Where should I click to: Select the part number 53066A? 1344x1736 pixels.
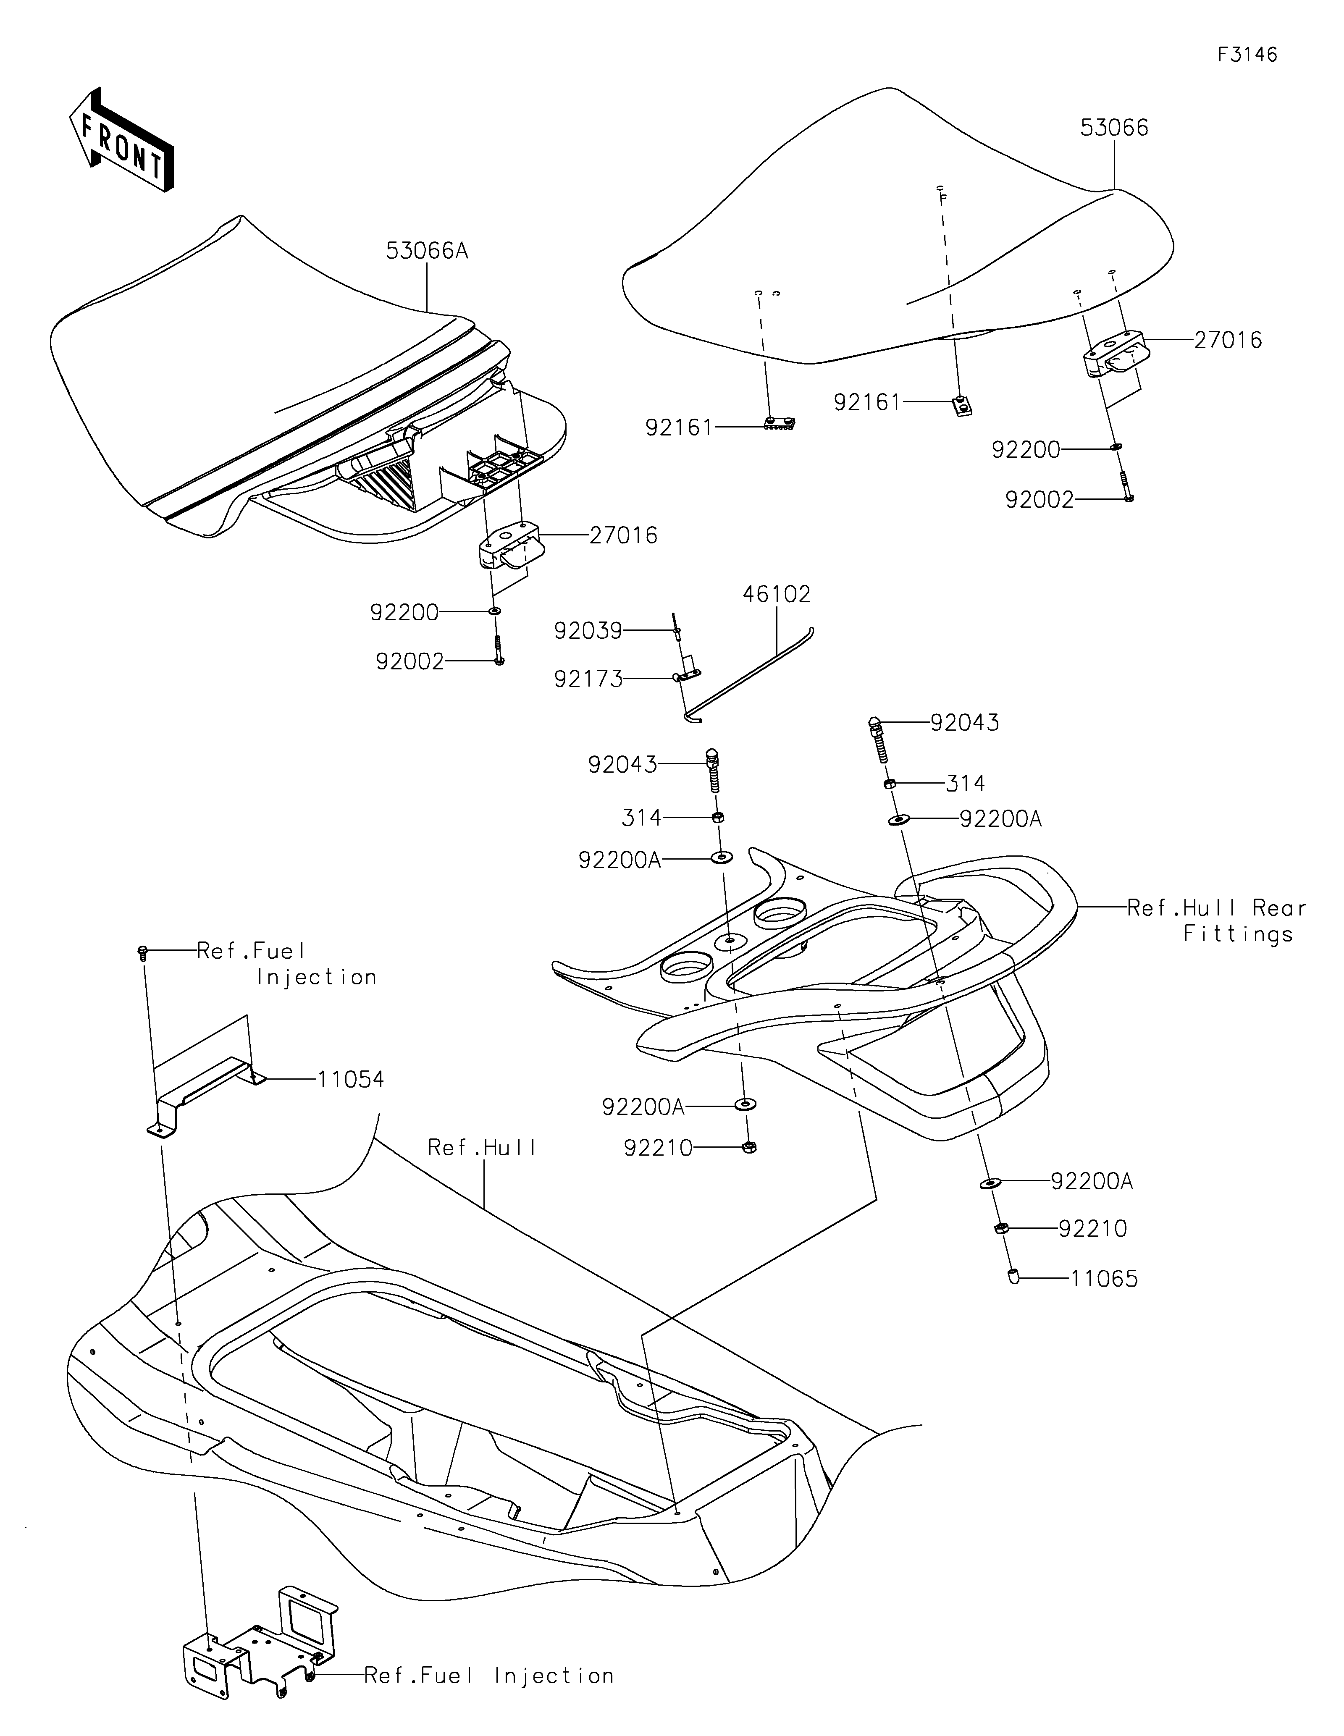coord(427,251)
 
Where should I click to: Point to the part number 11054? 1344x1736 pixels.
coord(351,1079)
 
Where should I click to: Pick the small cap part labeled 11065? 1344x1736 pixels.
coord(1013,1277)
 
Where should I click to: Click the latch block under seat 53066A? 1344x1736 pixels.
coord(509,545)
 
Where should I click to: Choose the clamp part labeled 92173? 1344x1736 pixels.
coord(688,675)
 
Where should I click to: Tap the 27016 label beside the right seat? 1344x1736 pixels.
coord(1228,340)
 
